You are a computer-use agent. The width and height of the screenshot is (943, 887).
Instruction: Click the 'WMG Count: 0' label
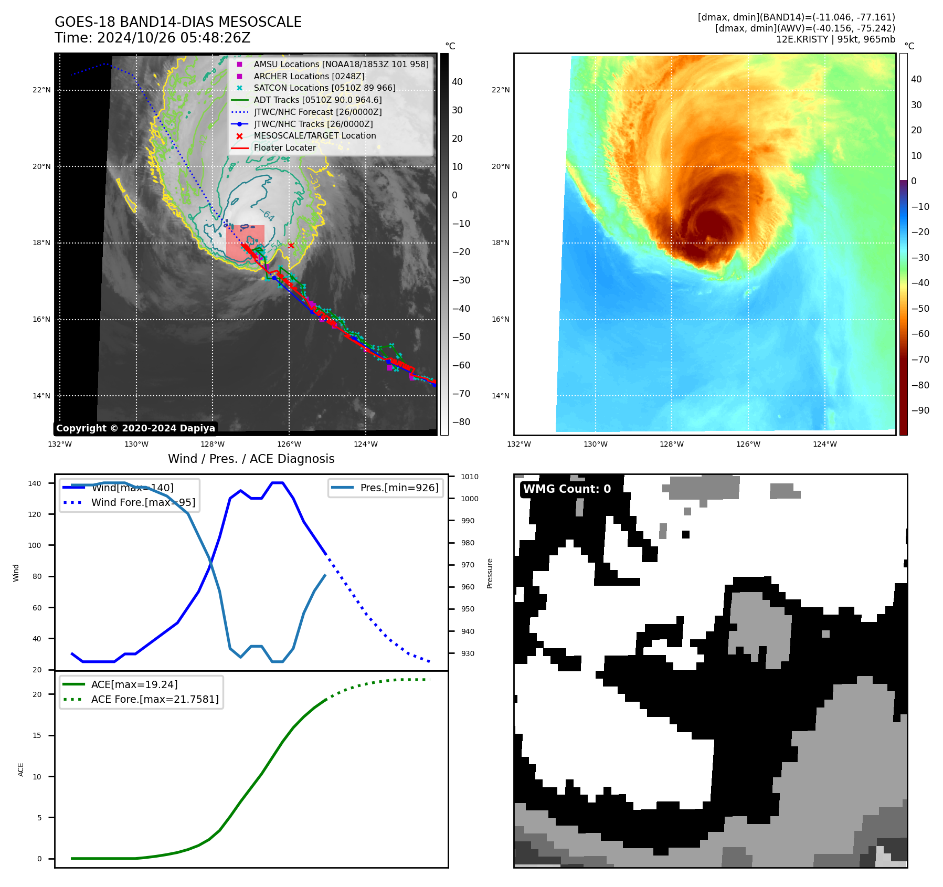click(567, 489)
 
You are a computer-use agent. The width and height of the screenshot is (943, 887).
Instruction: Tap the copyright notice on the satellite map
click(135, 428)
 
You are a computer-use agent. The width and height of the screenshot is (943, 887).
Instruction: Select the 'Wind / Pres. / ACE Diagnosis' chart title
click(251, 459)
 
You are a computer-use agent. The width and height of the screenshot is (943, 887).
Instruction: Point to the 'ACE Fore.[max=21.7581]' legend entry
click(155, 699)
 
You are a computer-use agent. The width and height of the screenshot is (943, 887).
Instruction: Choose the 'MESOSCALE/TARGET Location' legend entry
click(314, 136)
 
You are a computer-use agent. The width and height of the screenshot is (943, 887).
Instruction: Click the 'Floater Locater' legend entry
click(284, 148)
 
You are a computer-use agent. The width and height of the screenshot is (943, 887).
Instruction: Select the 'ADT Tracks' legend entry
click(317, 100)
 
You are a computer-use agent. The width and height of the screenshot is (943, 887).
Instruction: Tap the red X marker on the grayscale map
click(291, 245)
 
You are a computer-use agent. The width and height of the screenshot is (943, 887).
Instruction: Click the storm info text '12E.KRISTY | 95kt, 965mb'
click(835, 39)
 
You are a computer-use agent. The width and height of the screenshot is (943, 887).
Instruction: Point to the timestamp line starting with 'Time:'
click(152, 38)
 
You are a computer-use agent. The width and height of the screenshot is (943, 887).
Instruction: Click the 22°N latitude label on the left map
click(41, 90)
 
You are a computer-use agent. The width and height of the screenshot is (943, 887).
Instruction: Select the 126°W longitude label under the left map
click(289, 445)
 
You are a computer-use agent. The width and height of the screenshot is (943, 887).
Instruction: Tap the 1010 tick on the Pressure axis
click(470, 477)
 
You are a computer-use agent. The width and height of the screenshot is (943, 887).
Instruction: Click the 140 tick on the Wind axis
click(35, 483)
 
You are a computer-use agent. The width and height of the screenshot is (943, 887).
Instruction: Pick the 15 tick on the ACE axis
click(37, 735)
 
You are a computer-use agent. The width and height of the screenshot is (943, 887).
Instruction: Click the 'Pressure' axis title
click(490, 573)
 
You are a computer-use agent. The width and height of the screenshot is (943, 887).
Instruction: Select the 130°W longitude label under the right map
click(595, 445)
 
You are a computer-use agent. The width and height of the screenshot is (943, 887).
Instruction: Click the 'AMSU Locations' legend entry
click(341, 64)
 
